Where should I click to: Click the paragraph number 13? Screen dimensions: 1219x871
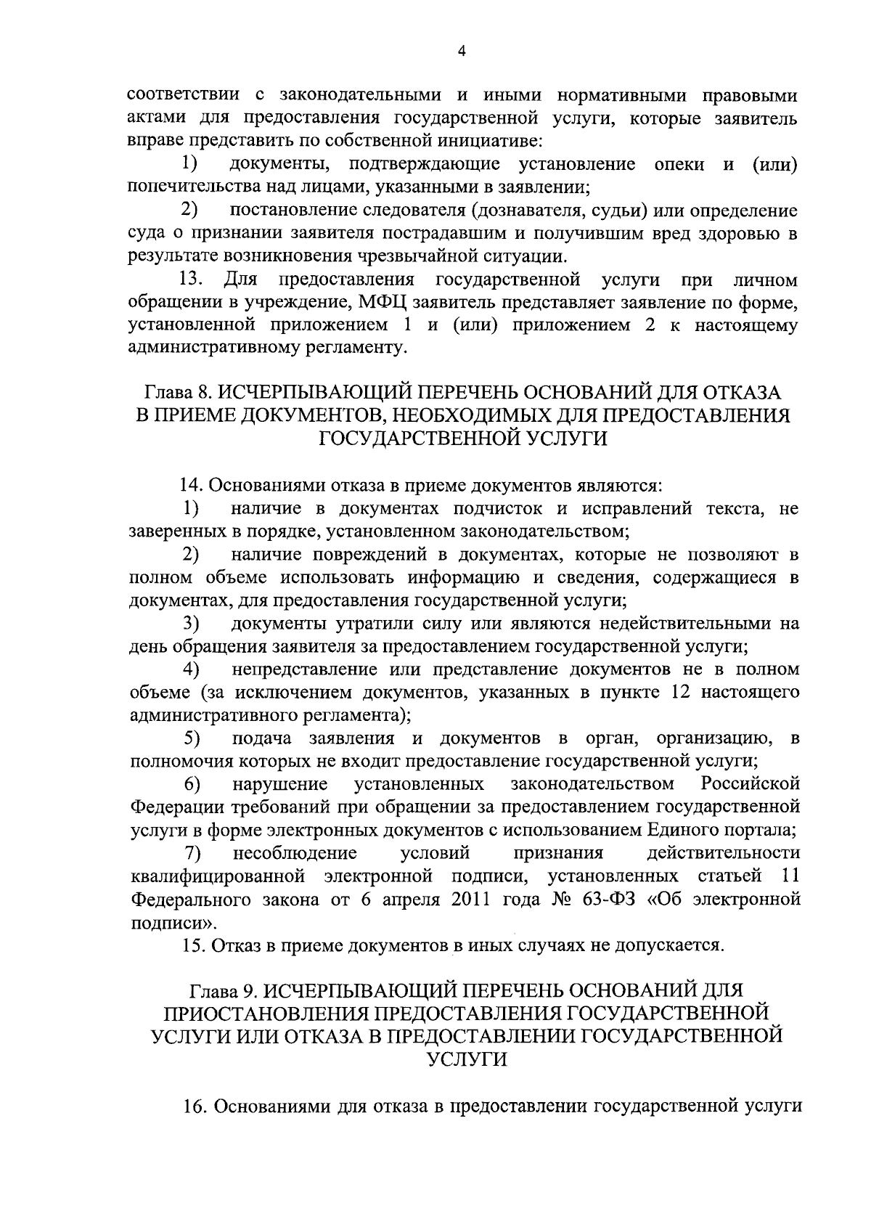[x=194, y=280]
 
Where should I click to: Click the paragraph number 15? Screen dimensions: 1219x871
[x=192, y=945]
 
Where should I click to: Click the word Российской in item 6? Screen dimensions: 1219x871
[x=751, y=785]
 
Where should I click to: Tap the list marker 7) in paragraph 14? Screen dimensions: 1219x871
[x=192, y=853]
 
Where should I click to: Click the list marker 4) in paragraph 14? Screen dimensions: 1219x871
[x=192, y=669]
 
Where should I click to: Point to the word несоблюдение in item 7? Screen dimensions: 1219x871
[x=295, y=852]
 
